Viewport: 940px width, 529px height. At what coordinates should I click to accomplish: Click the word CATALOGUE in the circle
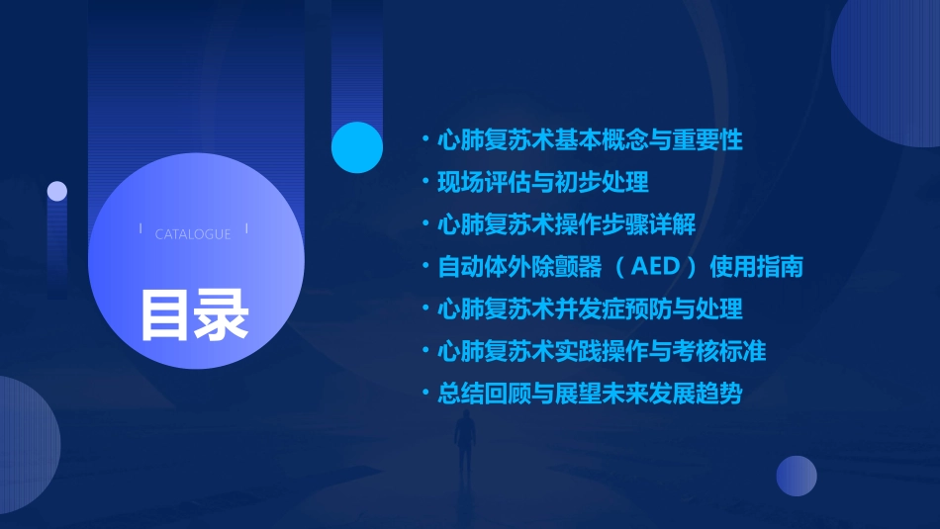point(193,234)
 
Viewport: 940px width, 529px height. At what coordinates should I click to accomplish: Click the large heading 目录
point(194,315)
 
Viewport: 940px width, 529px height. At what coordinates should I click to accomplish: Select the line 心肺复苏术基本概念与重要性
point(590,139)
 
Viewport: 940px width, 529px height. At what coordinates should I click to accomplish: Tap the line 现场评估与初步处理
point(543,182)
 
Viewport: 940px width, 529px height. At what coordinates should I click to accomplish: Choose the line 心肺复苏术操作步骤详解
point(566,224)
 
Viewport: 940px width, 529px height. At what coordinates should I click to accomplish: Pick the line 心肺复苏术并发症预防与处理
point(590,309)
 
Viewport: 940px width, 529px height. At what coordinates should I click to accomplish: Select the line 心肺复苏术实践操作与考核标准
point(602,351)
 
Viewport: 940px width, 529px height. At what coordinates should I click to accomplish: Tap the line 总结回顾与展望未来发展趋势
point(590,394)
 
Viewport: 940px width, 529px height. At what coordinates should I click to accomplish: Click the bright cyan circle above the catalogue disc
point(357,147)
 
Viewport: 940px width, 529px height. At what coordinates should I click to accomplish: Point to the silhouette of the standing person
point(465,445)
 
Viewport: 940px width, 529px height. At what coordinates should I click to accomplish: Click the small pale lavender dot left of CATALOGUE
point(57,191)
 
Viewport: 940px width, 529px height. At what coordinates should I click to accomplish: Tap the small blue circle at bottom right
point(797,476)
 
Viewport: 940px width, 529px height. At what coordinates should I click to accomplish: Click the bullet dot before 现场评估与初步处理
point(424,183)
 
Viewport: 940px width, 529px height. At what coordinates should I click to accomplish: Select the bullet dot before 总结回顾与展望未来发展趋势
point(424,395)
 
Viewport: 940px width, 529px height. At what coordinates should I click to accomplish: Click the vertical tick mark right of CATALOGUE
point(246,228)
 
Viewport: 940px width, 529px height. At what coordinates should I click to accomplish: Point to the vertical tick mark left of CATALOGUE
point(141,228)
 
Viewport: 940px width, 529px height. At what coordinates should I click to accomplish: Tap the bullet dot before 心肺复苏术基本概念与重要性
point(424,140)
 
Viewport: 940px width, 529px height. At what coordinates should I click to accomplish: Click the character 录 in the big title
point(222,315)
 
